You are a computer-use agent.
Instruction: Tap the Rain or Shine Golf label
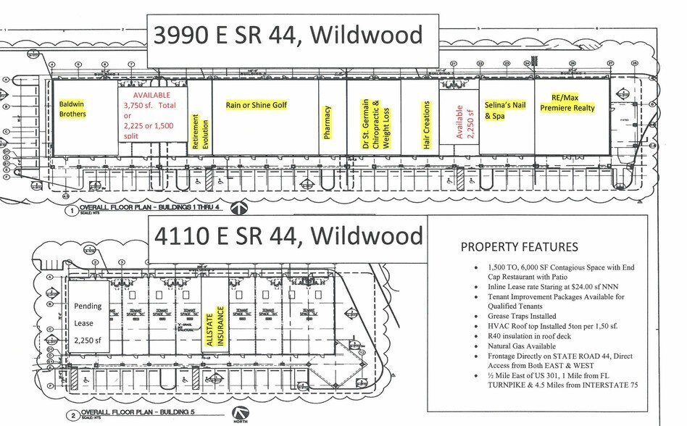pos(256,105)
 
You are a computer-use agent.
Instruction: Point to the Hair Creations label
pos(426,125)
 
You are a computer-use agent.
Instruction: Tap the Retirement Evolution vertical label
pos(195,131)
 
